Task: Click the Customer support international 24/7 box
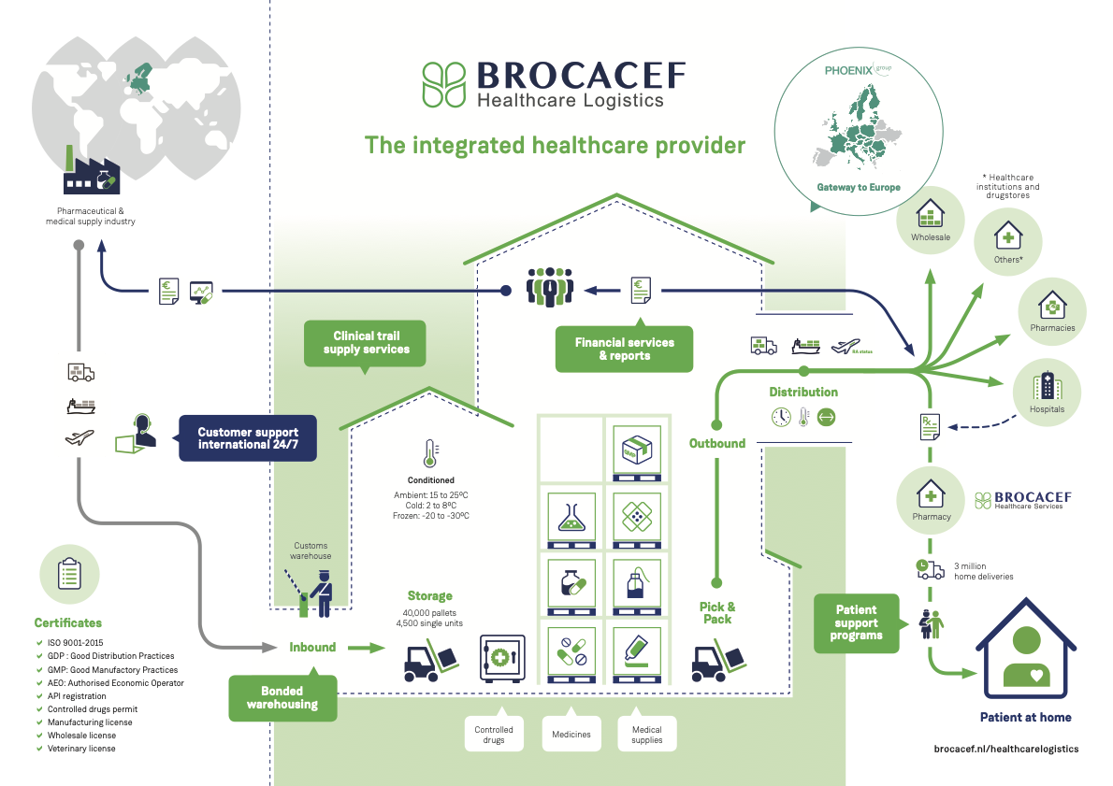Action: [x=248, y=438]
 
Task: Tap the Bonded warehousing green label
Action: [x=282, y=697]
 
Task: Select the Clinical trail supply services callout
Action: [x=366, y=342]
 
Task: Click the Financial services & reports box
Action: [x=624, y=349]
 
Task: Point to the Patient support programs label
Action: [x=857, y=622]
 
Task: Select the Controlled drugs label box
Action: [x=494, y=734]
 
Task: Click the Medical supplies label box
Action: [x=646, y=734]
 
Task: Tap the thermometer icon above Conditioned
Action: [x=429, y=453]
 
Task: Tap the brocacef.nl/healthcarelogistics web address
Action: [x=1005, y=749]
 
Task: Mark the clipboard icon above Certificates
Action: [x=69, y=573]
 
